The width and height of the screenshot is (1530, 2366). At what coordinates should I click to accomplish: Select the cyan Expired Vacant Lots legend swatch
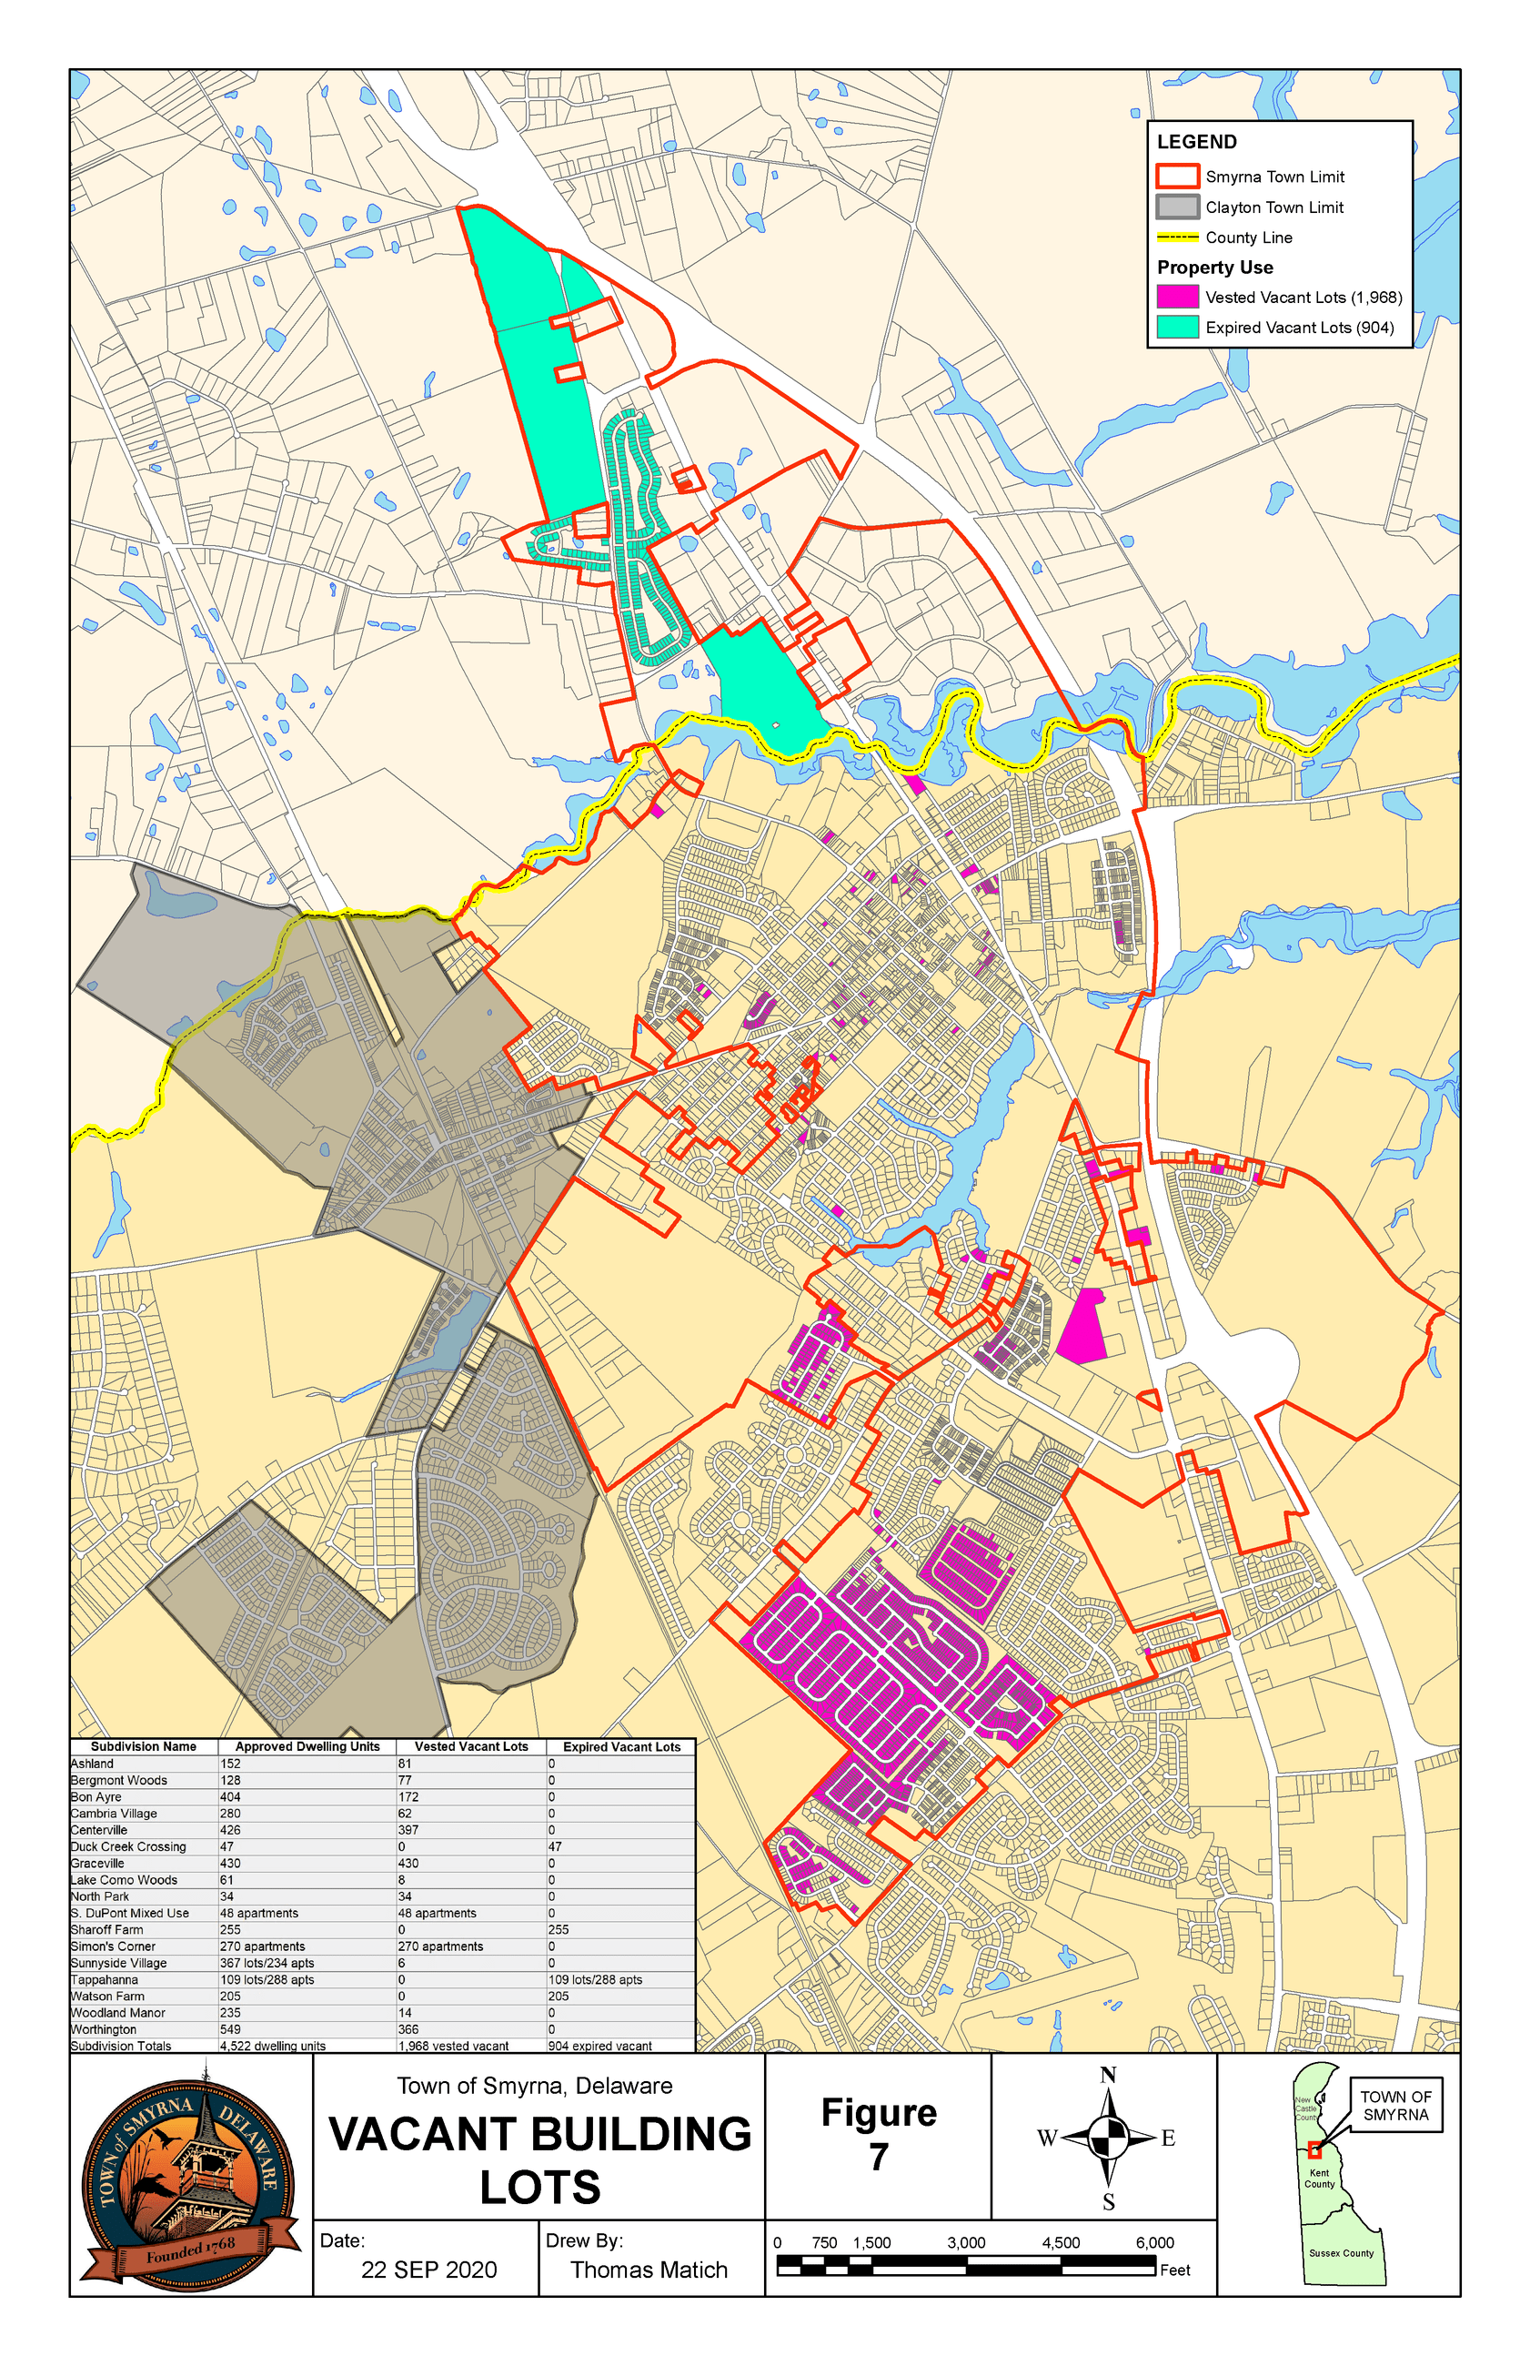(1177, 327)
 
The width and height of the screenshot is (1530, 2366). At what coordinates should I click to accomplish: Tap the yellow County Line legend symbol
(1177, 238)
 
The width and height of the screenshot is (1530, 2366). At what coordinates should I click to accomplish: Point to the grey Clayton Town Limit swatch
(1177, 207)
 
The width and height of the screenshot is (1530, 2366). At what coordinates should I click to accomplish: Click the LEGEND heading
(1197, 142)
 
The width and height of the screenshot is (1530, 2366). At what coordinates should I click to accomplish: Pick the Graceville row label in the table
(97, 1863)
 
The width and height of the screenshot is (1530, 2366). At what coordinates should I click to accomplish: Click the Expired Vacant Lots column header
(622, 1747)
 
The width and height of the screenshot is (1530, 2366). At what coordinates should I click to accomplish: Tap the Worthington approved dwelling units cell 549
(230, 2029)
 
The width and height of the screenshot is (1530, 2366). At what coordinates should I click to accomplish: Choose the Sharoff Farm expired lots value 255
(559, 1929)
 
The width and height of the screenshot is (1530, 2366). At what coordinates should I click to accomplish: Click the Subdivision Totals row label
(121, 2046)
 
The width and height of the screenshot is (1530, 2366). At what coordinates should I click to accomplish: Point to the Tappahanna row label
(105, 1979)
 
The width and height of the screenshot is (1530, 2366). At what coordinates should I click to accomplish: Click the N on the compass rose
(1108, 2075)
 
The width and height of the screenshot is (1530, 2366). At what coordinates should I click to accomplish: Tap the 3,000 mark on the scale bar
(966, 2243)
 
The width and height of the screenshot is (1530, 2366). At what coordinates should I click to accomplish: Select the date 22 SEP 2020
(429, 2270)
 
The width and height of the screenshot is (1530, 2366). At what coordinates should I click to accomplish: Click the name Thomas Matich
(649, 2270)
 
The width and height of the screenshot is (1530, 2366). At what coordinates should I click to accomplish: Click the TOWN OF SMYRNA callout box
(1396, 2105)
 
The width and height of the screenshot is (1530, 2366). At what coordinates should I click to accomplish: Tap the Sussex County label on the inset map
(1341, 2253)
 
